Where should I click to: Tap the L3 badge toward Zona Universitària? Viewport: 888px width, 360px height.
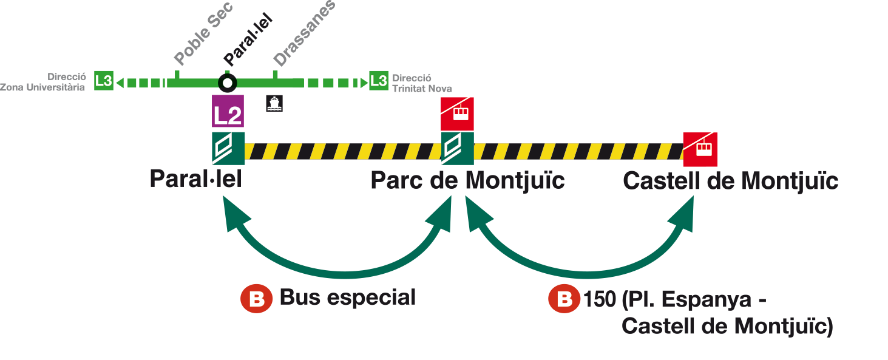coord(104,81)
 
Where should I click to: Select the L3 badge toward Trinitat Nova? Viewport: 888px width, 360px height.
coord(378,81)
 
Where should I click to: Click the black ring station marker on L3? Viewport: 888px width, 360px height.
coord(228,82)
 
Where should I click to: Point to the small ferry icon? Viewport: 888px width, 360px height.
coord(274,103)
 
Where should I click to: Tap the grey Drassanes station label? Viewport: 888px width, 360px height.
coord(304,34)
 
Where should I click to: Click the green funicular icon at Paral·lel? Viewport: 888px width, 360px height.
coord(228,148)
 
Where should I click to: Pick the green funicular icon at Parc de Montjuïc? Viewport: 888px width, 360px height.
coord(457,148)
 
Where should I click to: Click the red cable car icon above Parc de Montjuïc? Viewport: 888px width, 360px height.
coord(457,114)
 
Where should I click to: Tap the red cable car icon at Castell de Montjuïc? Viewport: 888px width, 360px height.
coord(700,149)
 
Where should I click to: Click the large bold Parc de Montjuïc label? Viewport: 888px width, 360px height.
coord(467,181)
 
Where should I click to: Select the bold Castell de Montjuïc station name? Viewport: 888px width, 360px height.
coord(730,181)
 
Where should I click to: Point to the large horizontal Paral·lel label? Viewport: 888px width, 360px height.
coord(195,179)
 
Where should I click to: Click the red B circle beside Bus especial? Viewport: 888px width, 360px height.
coord(256,299)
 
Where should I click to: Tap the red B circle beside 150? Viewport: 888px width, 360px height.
coord(564,299)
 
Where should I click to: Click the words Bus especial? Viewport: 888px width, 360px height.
coord(347,298)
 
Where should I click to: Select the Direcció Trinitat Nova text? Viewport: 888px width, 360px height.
coord(422,83)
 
